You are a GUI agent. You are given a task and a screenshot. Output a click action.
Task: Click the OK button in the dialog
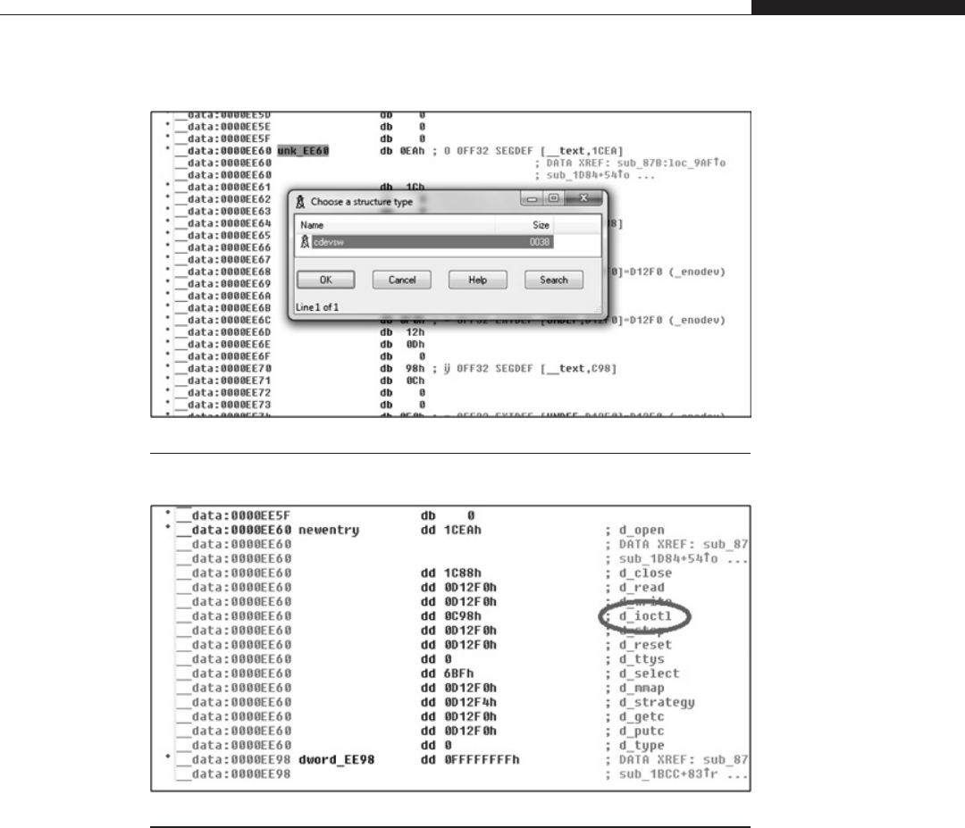tap(326, 280)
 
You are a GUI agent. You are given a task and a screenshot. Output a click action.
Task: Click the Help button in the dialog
tap(471, 280)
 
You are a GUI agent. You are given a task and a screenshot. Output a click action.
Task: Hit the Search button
tap(553, 280)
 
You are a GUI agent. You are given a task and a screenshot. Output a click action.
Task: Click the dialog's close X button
tap(584, 198)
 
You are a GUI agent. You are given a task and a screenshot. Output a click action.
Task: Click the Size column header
tap(541, 226)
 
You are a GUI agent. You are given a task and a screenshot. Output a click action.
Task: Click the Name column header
tap(312, 226)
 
